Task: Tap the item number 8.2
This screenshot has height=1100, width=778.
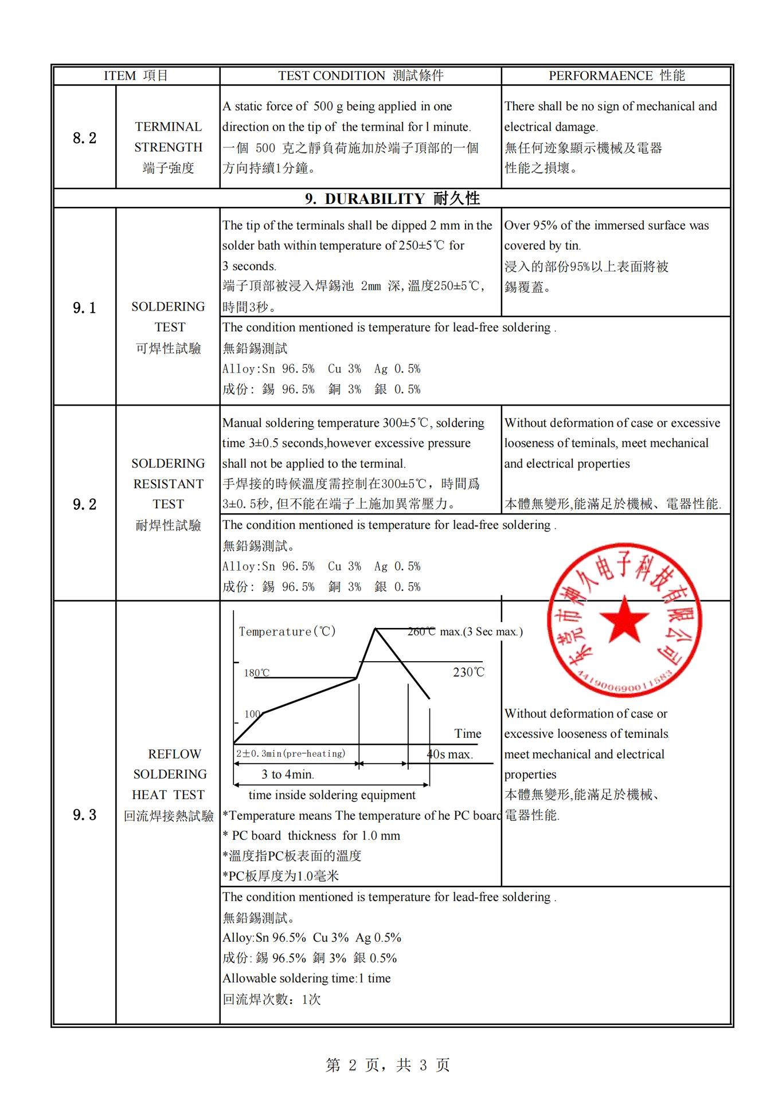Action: [84, 138]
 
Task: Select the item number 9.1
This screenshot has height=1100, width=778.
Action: [84, 308]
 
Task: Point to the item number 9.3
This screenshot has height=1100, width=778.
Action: [84, 815]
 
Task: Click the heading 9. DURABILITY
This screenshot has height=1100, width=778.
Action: [392, 198]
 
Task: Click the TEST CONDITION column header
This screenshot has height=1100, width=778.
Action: [361, 76]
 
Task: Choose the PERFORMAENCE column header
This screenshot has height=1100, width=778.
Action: [616, 76]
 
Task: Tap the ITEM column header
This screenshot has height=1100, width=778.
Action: [136, 76]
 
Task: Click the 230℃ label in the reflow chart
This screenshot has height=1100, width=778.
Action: [468, 672]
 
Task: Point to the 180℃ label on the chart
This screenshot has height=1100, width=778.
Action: [256, 673]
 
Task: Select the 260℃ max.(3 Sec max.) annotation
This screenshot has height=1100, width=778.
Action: [465, 631]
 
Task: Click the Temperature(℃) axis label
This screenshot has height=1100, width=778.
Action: [287, 631]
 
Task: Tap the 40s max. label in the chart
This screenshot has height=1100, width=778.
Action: [450, 754]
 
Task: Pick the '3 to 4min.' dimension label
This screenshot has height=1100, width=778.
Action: [288, 775]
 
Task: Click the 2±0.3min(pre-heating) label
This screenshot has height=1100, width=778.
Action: [291, 753]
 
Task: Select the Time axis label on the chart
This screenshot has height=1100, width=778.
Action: [468, 733]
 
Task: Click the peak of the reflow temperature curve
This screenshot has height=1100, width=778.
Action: [375, 629]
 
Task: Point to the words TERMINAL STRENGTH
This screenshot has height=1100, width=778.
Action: [168, 137]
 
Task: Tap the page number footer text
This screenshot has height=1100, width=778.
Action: [388, 1064]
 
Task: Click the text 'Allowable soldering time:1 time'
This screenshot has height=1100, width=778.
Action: [307, 978]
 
